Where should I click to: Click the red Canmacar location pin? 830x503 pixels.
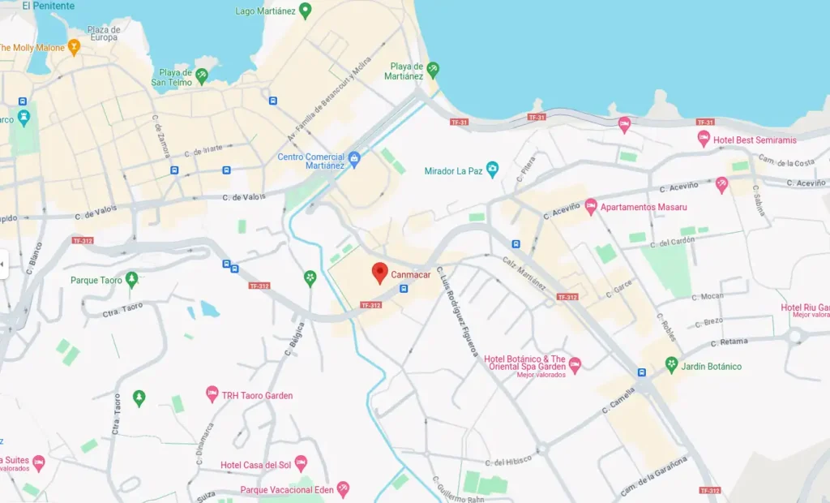point(379,273)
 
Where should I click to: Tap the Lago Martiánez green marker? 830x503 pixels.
point(306,11)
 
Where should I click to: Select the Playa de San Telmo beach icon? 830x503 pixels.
point(202,75)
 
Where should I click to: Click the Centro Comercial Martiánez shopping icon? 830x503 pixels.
point(353,157)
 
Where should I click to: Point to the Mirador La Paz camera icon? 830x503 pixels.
point(492,170)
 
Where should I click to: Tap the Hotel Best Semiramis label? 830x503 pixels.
point(755,140)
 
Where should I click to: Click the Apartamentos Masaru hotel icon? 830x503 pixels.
point(591,207)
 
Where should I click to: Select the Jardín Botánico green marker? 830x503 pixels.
point(671,364)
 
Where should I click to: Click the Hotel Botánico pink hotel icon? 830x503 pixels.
point(575,364)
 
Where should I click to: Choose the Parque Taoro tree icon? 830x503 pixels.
point(131,280)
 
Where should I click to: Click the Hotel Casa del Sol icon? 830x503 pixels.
point(301,464)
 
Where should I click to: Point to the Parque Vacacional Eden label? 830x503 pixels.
point(288,490)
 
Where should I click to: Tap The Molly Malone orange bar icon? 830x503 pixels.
point(74,48)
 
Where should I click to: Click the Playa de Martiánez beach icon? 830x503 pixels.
point(433,70)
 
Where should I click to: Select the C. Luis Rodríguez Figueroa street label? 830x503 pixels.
point(457,311)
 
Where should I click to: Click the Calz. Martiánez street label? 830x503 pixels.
point(524,276)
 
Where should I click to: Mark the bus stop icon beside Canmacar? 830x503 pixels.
point(404,288)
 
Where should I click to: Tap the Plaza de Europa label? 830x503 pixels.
point(104,33)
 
